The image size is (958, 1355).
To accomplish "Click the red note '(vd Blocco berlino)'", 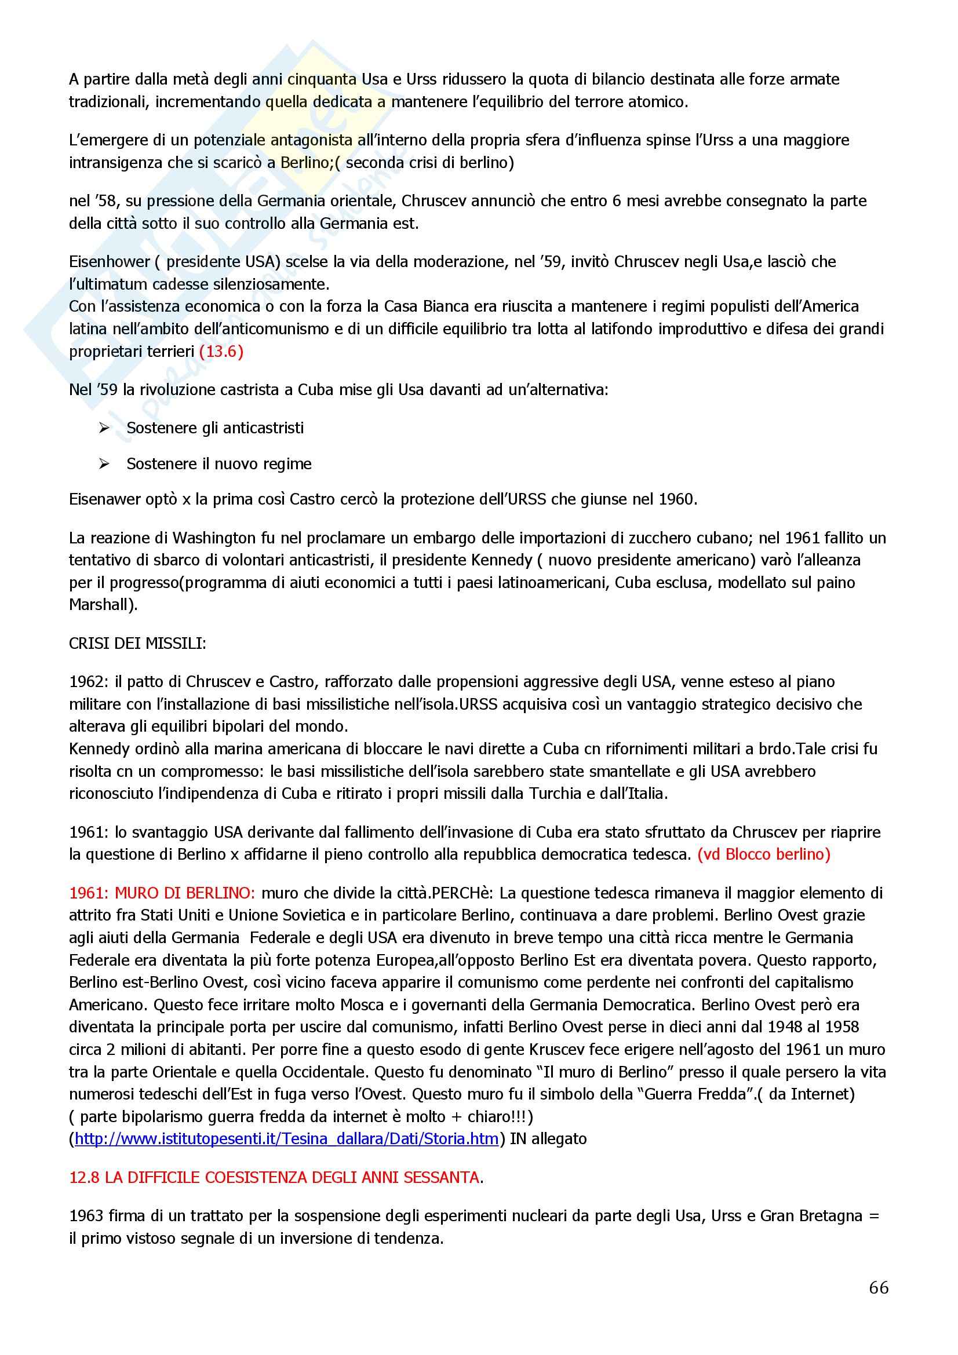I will (x=763, y=854).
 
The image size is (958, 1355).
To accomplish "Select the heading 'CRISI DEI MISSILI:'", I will (x=137, y=643).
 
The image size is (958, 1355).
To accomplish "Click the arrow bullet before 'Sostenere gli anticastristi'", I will (x=104, y=428).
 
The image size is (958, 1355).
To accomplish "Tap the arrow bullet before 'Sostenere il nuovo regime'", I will (x=104, y=464).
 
